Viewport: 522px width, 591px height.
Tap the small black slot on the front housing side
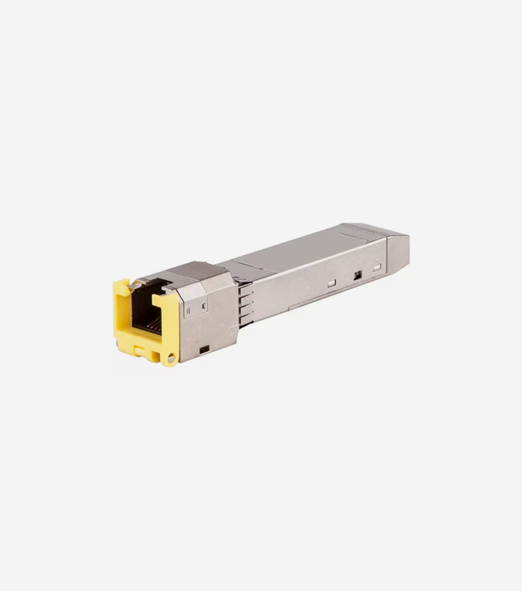tap(204, 348)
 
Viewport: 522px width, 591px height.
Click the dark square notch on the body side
tap(357, 275)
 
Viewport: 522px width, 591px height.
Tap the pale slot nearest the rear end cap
tap(377, 268)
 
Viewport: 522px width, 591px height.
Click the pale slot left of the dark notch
tap(332, 283)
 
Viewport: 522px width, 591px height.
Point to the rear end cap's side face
tap(397, 250)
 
